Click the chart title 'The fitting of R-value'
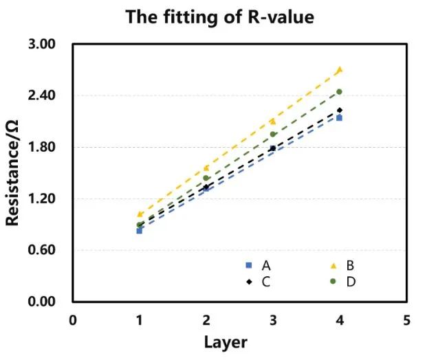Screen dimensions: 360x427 (x=219, y=17)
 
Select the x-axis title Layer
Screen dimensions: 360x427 (x=225, y=341)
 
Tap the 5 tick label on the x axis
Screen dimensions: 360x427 (x=406, y=319)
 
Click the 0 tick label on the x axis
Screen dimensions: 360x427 (x=73, y=319)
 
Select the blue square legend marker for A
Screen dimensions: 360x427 (x=249, y=265)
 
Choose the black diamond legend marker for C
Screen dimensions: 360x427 (x=249, y=281)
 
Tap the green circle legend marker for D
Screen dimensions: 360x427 (x=333, y=281)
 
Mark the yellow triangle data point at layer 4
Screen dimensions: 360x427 (x=340, y=69)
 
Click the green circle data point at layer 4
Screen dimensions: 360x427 (x=340, y=91)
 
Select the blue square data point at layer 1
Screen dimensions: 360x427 (x=140, y=231)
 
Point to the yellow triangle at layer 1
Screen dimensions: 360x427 (x=140, y=214)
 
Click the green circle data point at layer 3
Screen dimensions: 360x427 (x=273, y=134)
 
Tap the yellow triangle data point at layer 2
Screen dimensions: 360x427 (x=206, y=168)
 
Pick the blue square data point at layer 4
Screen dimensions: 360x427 (x=340, y=118)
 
